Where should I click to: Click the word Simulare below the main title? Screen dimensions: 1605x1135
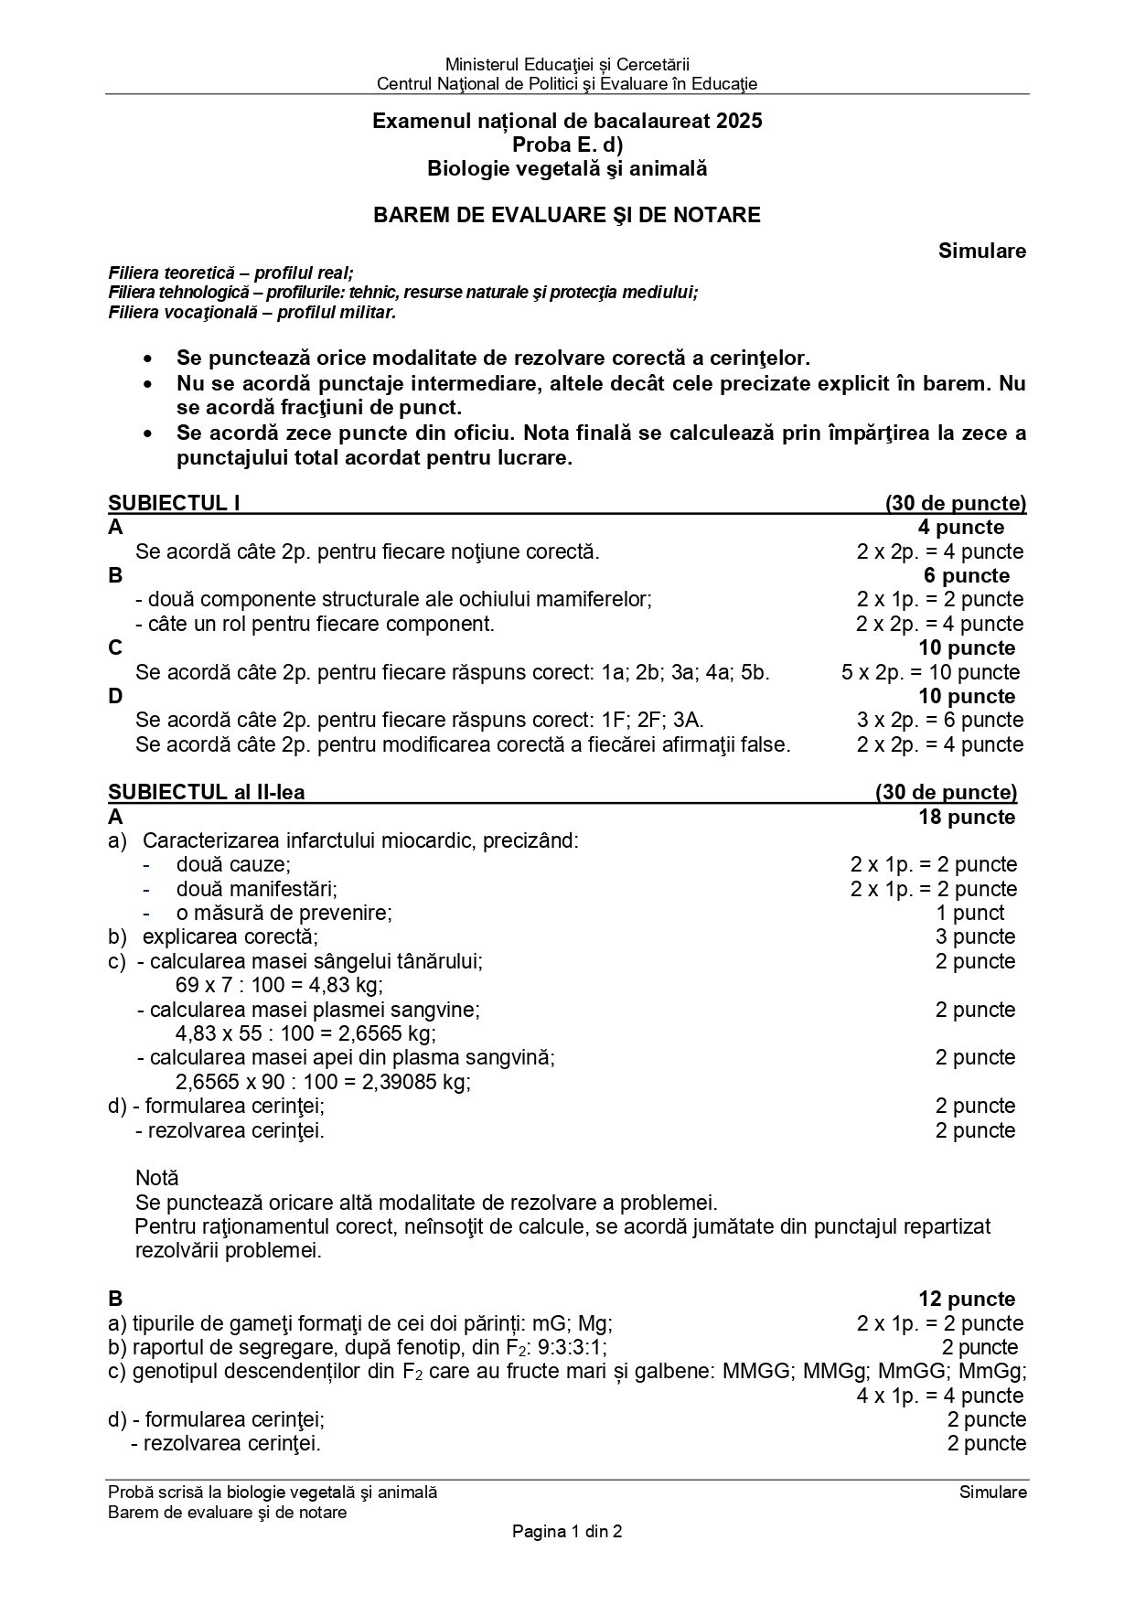coord(981,251)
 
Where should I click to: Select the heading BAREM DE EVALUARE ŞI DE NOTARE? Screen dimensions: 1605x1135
coord(566,215)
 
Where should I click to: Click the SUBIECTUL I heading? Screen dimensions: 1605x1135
coord(174,503)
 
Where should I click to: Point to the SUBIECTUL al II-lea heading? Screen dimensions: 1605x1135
coord(206,792)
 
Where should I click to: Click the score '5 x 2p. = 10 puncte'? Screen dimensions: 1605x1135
coord(930,672)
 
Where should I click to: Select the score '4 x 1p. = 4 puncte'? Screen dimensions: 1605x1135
coord(939,1396)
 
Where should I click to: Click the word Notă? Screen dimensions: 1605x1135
coord(157,1178)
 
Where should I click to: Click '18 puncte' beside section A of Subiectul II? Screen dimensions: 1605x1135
coord(967,817)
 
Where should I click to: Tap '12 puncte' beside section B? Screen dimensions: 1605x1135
coord(967,1299)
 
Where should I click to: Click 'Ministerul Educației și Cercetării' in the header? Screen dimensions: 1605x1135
coord(567,64)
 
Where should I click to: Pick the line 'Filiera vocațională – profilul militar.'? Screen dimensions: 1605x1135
coord(252,312)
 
